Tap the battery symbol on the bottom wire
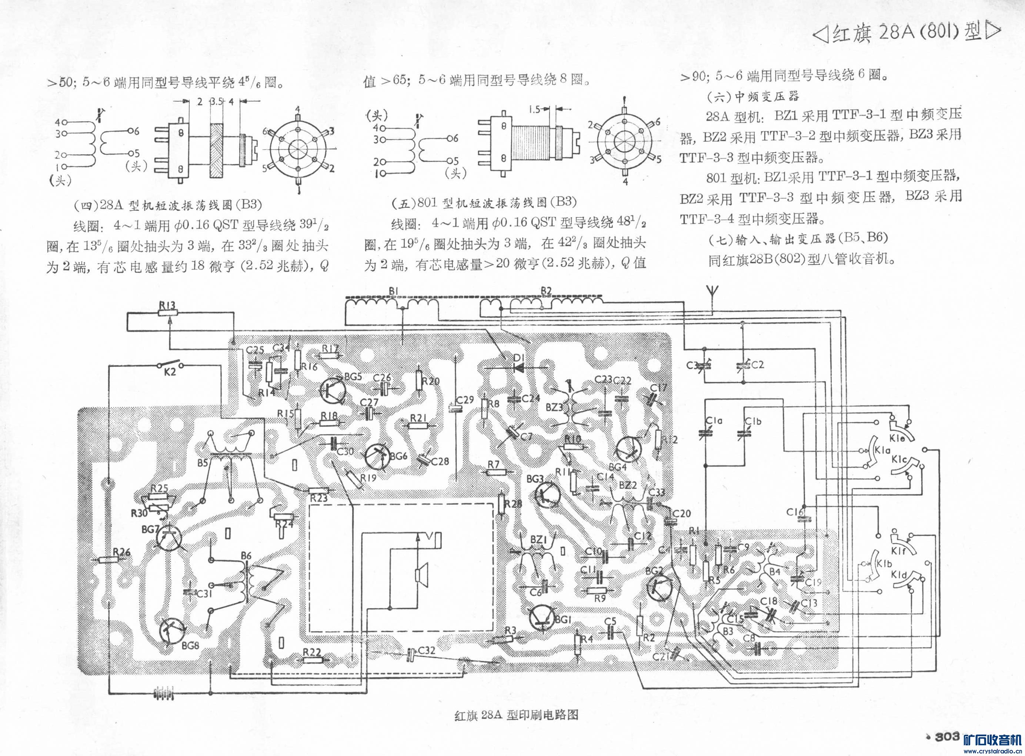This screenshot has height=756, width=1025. pyautogui.click(x=164, y=694)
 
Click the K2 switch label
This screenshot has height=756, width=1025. pyautogui.click(x=170, y=372)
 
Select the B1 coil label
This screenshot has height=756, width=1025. pyautogui.click(x=394, y=291)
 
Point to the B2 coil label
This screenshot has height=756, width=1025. pyautogui.click(x=546, y=291)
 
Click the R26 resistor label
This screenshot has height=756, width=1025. pyautogui.click(x=121, y=552)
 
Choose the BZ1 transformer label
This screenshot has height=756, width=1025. pyautogui.click(x=539, y=540)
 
